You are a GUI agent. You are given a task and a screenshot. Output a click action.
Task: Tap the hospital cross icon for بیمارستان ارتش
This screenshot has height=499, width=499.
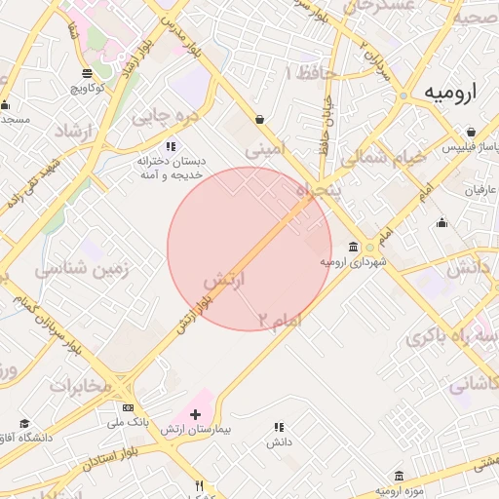pyautogui.click(x=195, y=415)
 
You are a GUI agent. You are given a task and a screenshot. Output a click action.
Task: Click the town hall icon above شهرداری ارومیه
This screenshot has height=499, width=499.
pyautogui.click(x=354, y=247)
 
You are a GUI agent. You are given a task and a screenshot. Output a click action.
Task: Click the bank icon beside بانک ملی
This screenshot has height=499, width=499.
pyautogui.click(x=128, y=407)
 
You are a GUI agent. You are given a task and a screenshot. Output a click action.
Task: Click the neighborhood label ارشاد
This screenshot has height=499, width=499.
pyautogui.click(x=58, y=132)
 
